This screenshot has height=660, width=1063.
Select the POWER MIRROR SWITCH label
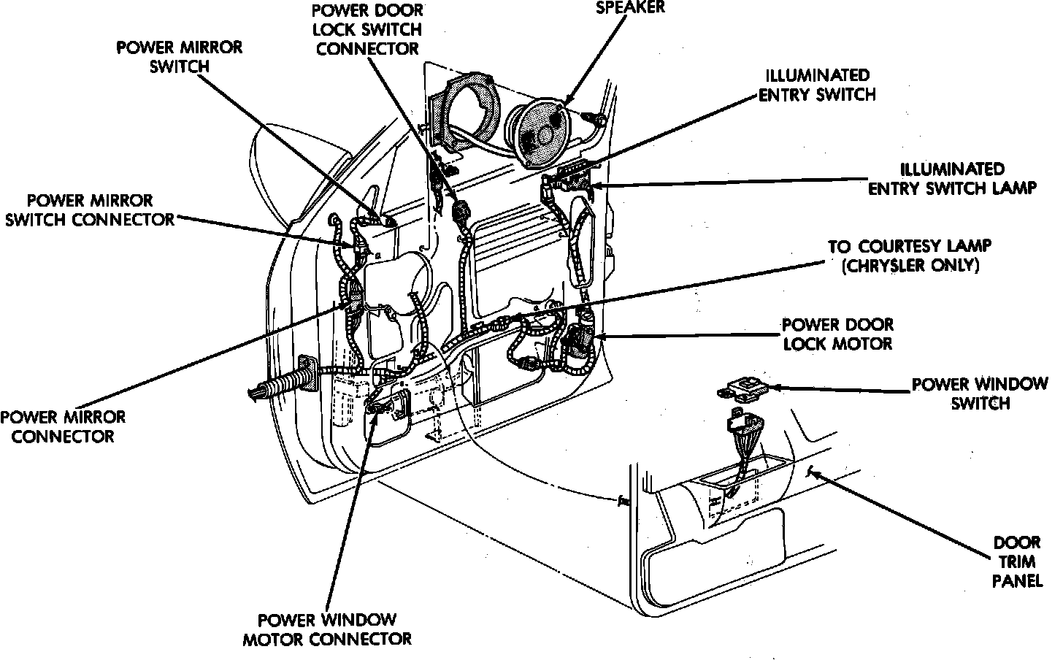pyautogui.click(x=180, y=57)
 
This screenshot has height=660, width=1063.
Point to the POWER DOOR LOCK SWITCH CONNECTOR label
pyautogui.click(x=368, y=30)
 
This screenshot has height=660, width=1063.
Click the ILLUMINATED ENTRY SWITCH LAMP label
pyautogui.click(x=951, y=178)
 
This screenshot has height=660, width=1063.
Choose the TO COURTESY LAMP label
pyautogui.click(x=910, y=247)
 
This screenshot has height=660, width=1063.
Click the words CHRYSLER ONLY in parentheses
pyautogui.click(x=910, y=266)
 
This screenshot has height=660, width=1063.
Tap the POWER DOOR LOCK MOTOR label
pyautogui.click(x=837, y=334)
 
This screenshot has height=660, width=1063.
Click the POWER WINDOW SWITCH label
pyautogui.click(x=980, y=394)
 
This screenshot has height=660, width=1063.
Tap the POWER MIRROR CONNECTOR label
pyautogui.click(x=63, y=426)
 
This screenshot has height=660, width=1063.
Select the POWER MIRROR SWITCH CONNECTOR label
pyautogui.click(x=90, y=210)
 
